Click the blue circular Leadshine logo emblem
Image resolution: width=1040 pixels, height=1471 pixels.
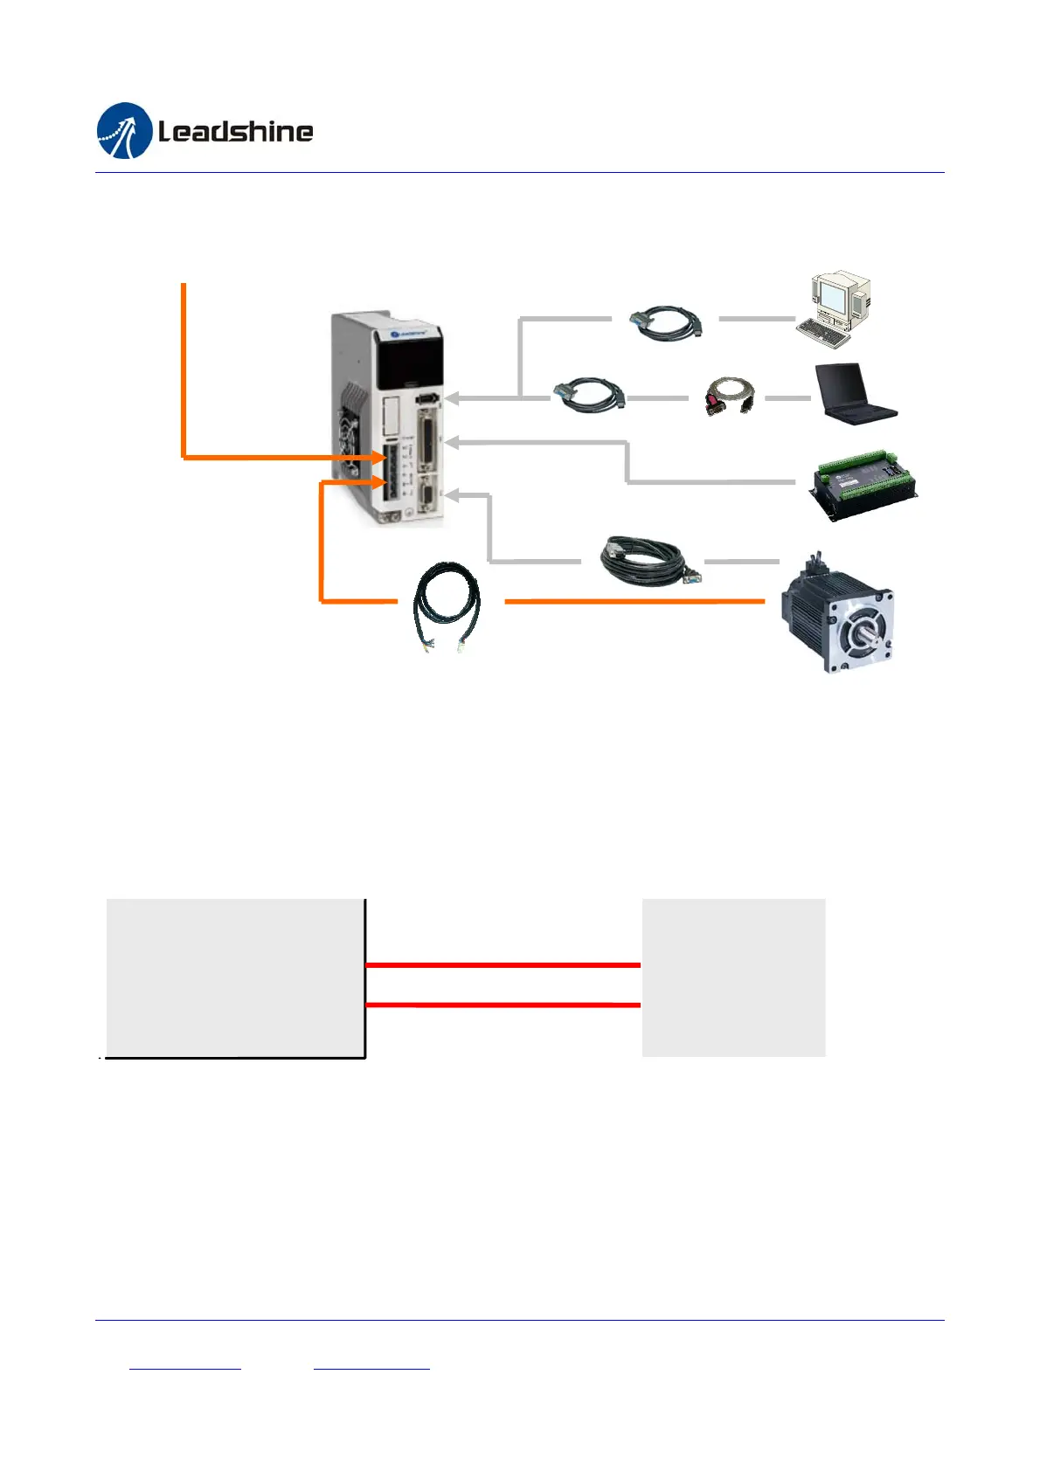click(x=124, y=131)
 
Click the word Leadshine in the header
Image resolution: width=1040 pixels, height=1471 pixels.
click(x=235, y=132)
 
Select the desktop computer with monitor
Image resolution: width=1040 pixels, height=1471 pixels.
click(x=835, y=307)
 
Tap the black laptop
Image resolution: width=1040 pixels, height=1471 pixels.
click(x=853, y=395)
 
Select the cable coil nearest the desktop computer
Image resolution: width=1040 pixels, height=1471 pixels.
click(x=666, y=321)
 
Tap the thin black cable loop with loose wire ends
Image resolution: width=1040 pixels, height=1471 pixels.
click(x=446, y=605)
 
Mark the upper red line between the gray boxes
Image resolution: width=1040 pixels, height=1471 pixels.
click(x=503, y=965)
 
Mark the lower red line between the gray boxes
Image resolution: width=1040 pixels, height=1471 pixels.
click(x=503, y=1005)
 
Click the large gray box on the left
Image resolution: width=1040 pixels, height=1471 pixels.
click(x=234, y=977)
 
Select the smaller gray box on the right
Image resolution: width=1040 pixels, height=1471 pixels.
click(x=733, y=977)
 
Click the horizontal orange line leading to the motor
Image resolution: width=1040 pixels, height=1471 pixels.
click(x=634, y=601)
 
